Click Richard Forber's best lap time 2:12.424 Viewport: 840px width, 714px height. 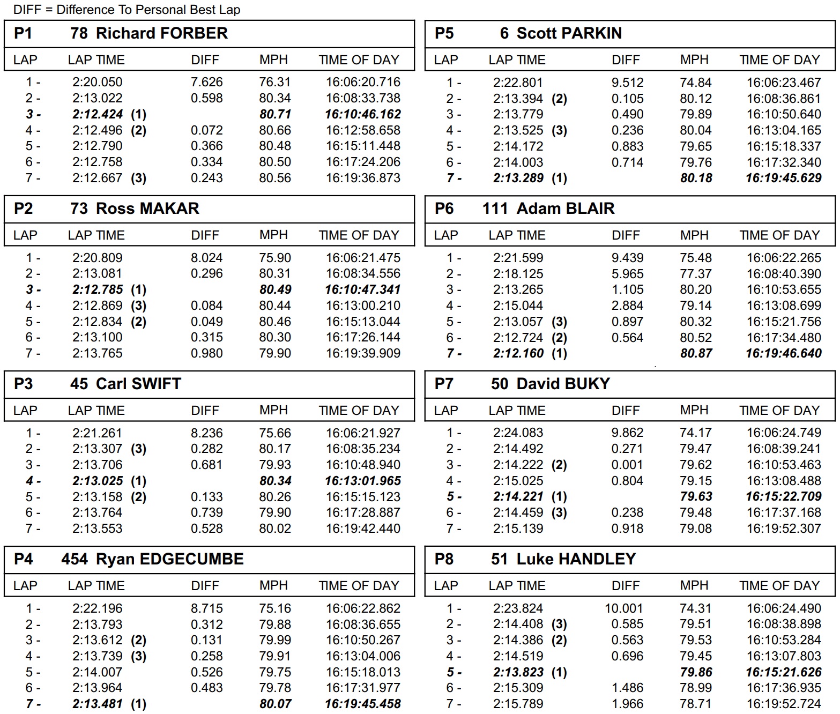coord(98,114)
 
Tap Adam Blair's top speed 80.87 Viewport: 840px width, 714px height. coord(696,354)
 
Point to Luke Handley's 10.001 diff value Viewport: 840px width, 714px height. coord(623,608)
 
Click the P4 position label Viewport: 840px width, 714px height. coord(23,559)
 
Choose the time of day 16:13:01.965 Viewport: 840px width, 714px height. coord(363,481)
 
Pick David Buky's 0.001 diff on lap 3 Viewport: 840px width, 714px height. coord(627,465)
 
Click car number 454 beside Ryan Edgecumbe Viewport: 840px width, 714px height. coord(75,559)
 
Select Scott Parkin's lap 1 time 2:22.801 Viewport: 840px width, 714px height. coord(518,83)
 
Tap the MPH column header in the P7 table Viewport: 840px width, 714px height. coord(694,410)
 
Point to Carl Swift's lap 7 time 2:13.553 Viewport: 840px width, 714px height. coord(98,529)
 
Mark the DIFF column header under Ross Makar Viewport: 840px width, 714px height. coord(205,235)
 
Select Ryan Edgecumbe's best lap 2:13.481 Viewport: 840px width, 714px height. coord(98,704)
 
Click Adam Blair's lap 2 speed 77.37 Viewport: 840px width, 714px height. coord(696,274)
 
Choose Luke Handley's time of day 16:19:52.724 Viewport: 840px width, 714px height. coord(784,704)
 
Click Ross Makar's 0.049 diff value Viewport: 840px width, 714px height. coord(206,322)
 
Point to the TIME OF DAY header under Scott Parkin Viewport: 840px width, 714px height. coord(779,59)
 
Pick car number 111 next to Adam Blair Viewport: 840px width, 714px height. coord(495,209)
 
